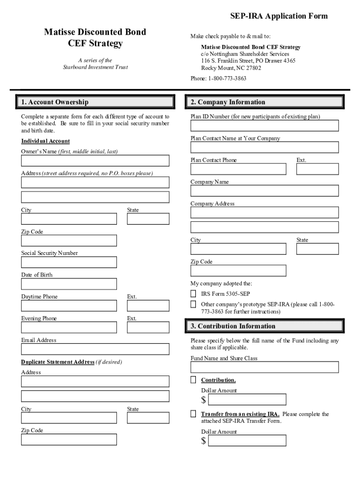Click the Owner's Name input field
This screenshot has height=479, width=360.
coord(95,161)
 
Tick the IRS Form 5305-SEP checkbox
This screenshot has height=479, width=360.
coord(193,294)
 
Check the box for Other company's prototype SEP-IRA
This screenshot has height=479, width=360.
coord(193,305)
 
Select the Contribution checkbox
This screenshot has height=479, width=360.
coord(193,379)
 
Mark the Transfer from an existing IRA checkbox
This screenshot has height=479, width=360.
coord(193,414)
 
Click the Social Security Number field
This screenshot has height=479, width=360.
coord(69,262)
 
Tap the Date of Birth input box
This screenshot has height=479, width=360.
coord(69,284)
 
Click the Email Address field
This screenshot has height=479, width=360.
coord(95,349)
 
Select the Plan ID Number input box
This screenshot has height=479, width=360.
coord(264,125)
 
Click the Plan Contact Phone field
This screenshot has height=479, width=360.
coord(238,169)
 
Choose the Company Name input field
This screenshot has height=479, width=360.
coord(264,191)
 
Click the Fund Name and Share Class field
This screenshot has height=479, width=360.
coord(264,367)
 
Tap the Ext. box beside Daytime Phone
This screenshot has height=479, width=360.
coord(148,306)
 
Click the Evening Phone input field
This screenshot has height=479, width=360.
coord(69,327)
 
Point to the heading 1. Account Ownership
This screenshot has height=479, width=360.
coord(55,102)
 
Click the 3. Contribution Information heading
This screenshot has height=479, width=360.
coord(232,326)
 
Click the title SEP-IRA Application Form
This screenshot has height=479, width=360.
coord(279,16)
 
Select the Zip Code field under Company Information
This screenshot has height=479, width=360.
coord(238,270)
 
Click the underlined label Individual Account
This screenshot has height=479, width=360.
coord(45,141)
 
